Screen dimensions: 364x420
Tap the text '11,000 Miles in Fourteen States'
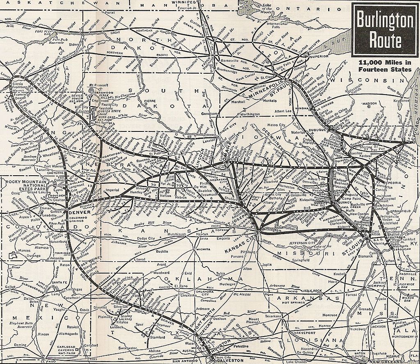tap(385, 66)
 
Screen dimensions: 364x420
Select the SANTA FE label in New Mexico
tap(59, 283)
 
